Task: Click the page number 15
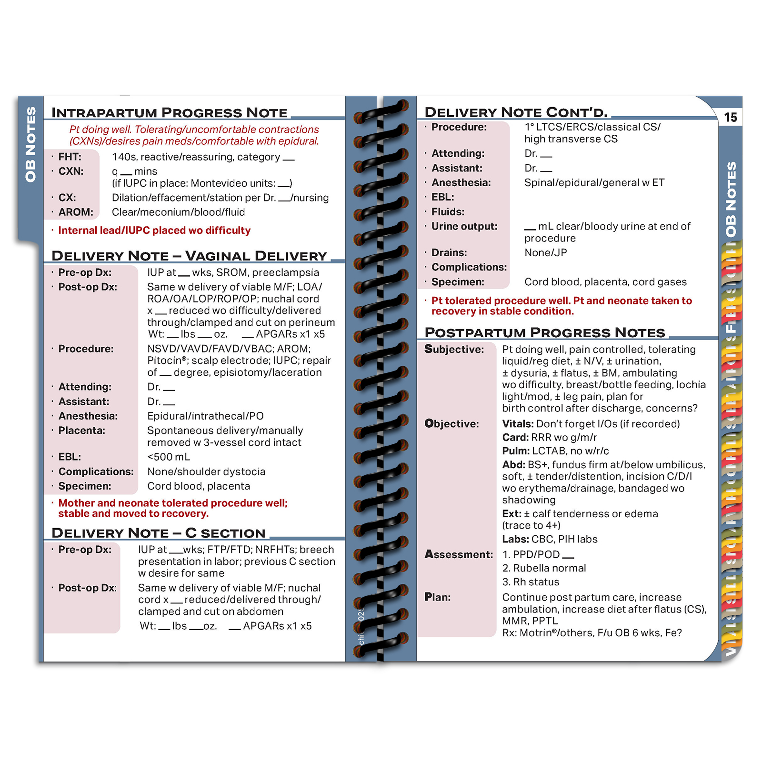point(730,117)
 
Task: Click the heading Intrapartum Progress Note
point(169,113)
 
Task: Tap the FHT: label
point(70,157)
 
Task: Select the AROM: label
point(76,212)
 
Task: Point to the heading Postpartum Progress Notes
point(544,332)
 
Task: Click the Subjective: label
point(454,350)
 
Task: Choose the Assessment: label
point(459,554)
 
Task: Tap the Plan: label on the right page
point(437,597)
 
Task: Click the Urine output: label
point(464,227)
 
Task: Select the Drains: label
point(449,253)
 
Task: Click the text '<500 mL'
point(169,457)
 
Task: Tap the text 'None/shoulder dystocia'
point(206,471)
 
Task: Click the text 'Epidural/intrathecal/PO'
point(205,416)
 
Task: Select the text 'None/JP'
point(545,253)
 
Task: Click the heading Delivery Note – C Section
point(158,533)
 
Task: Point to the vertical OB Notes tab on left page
point(30,144)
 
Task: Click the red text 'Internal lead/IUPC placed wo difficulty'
point(154,231)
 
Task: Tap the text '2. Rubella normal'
point(544,568)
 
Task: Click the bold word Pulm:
point(516,451)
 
